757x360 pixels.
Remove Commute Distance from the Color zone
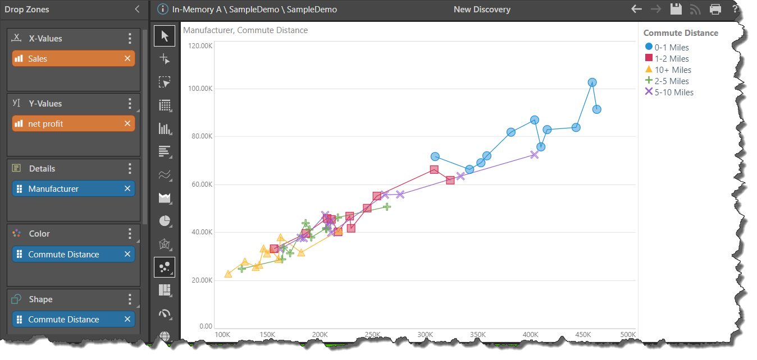(127, 254)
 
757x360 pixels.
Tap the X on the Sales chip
(127, 58)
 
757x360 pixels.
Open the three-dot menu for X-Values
(130, 39)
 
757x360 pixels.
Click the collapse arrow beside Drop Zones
(138, 9)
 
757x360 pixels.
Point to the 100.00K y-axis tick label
(200, 89)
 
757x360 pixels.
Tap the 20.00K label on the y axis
(201, 280)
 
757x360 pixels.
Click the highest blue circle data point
(592, 82)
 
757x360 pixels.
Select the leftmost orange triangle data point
(228, 274)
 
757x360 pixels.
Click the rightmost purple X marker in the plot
(534, 154)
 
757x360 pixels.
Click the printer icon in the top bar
(715, 9)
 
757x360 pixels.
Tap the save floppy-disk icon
(676, 9)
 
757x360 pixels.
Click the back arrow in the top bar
(636, 9)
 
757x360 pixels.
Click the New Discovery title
(482, 10)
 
